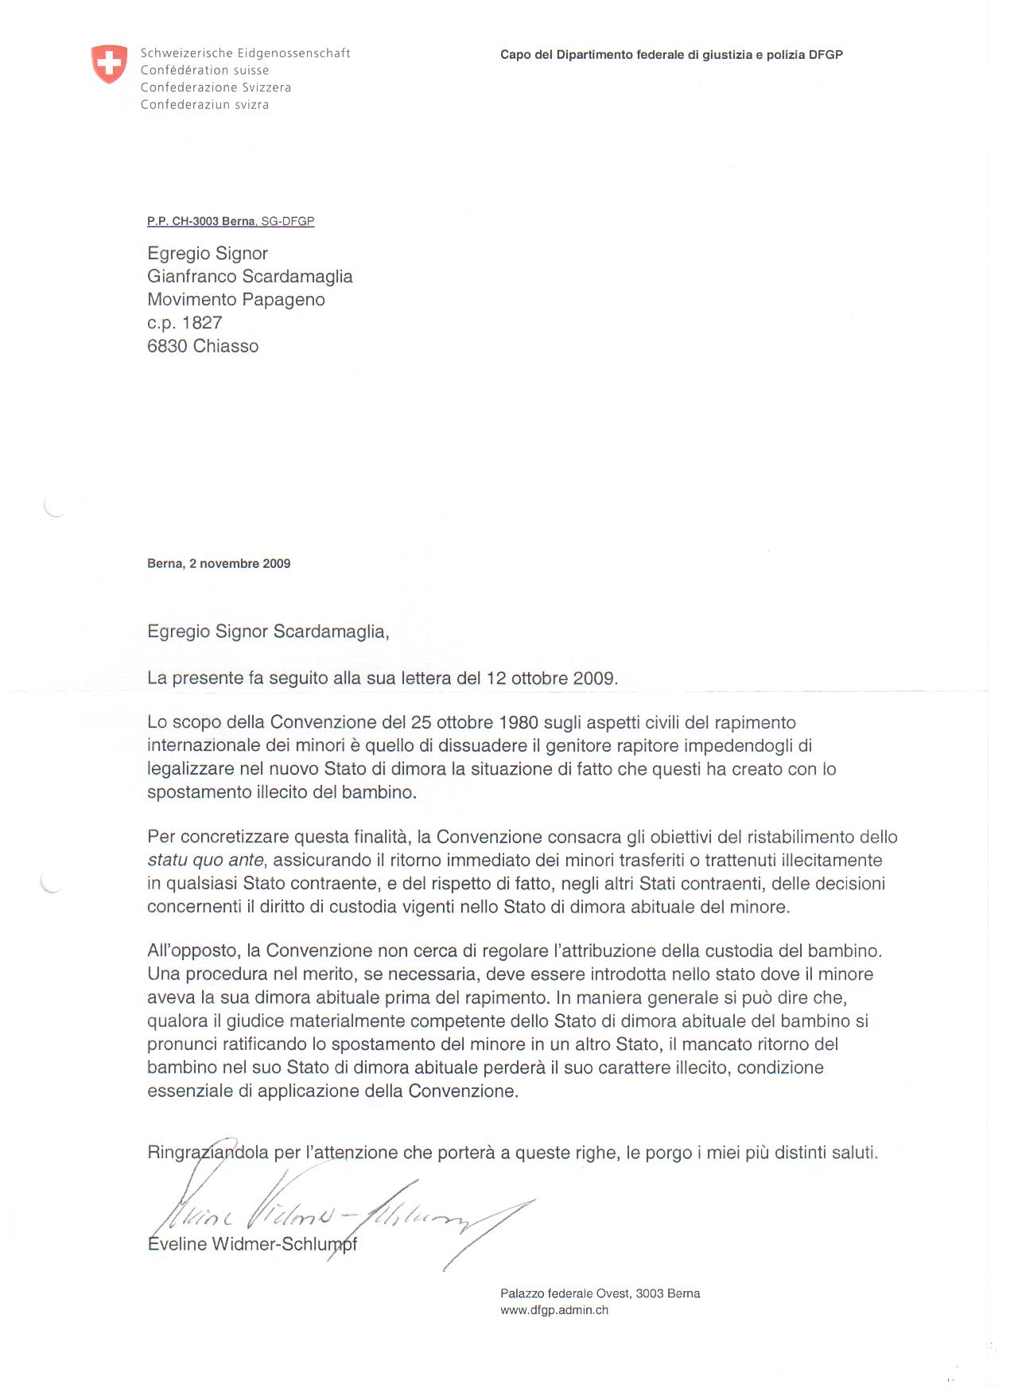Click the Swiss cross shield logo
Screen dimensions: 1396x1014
coord(109,64)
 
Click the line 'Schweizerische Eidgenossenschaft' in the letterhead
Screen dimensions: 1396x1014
coord(245,53)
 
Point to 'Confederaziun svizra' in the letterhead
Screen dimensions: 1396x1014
coord(204,105)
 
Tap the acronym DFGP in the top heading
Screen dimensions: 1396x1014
coord(826,55)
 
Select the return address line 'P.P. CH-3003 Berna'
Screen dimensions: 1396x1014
coord(200,221)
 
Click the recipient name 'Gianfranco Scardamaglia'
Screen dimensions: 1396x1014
coord(250,277)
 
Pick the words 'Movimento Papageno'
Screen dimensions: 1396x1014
coord(235,300)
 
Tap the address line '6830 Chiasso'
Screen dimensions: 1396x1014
coord(203,346)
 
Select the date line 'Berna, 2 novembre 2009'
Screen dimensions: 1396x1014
coord(219,564)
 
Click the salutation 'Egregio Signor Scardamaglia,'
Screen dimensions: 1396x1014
coord(268,632)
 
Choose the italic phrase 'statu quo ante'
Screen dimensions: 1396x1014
coord(205,861)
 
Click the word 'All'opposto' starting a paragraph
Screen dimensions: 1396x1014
coord(192,951)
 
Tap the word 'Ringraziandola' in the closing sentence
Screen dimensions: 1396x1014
coord(208,1153)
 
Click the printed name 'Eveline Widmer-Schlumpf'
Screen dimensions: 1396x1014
coord(252,1245)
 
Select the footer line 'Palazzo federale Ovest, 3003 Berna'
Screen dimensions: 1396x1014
coord(600,1293)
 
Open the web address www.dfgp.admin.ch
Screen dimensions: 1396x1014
coord(554,1310)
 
